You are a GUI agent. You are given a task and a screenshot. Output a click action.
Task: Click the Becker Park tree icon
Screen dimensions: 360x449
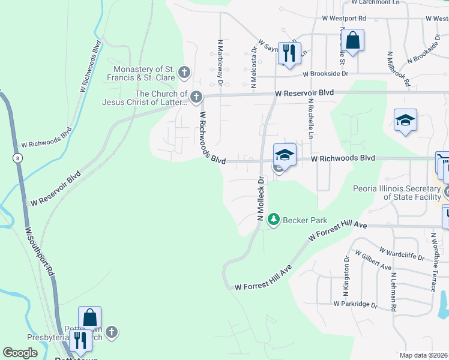pyautogui.click(x=274, y=220)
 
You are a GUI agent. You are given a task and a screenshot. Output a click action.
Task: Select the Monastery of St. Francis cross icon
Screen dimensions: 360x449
pyautogui.click(x=184, y=73)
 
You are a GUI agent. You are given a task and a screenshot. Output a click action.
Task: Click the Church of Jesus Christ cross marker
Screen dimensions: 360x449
pyautogui.click(x=195, y=97)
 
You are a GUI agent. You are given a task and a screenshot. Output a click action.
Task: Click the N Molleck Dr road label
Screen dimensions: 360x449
pyautogui.click(x=261, y=199)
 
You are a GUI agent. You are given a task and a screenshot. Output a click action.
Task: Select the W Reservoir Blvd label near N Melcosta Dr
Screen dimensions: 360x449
pyautogui.click(x=304, y=94)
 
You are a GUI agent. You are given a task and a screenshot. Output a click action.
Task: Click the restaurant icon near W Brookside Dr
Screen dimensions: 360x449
pyautogui.click(x=289, y=54)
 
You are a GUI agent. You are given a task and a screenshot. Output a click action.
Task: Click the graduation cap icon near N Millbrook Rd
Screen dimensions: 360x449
pyautogui.click(x=405, y=120)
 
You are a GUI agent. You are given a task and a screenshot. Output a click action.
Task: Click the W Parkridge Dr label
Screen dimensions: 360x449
pyautogui.click(x=355, y=304)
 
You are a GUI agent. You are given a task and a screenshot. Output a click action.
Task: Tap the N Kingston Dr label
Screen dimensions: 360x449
pyautogui.click(x=346, y=277)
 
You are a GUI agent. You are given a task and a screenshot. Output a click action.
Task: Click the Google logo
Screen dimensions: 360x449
pyautogui.click(x=20, y=353)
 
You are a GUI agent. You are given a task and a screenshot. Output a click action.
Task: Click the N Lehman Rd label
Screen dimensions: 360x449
pyautogui.click(x=393, y=289)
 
